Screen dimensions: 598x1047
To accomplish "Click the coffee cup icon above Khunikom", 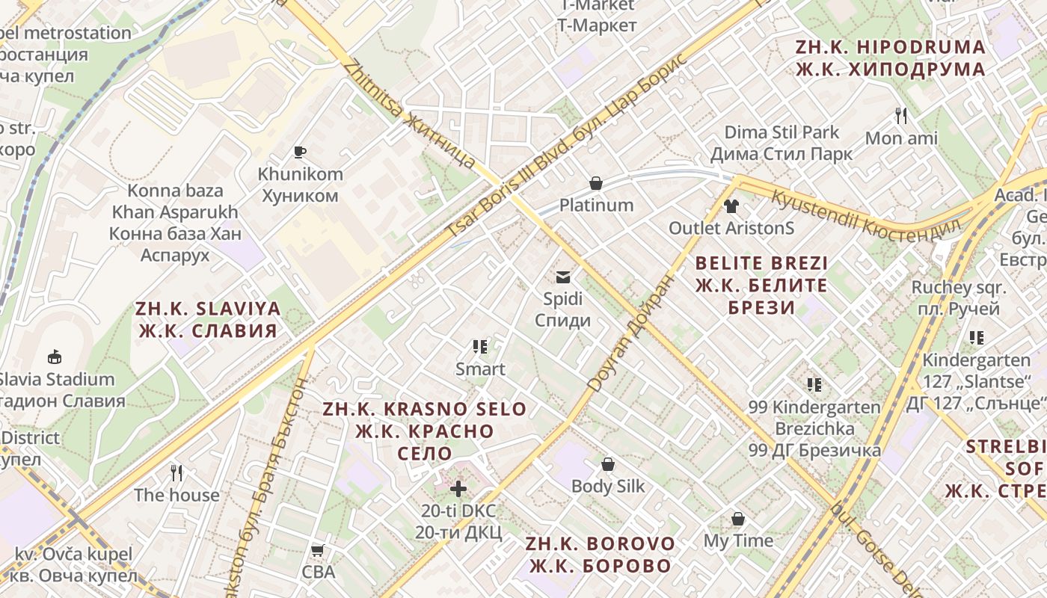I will (300, 152).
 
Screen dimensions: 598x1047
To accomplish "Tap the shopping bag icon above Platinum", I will (596, 183).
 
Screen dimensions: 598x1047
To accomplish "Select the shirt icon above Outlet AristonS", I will (731, 206).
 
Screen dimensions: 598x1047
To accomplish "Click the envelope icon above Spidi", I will (562, 277).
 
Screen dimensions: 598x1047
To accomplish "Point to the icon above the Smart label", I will (480, 347).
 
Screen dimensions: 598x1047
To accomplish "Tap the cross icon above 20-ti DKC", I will (458, 489).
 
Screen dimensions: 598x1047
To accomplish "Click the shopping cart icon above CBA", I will (318, 552).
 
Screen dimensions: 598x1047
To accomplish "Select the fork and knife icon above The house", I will (176, 473).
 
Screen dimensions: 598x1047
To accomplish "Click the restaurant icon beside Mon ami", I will (901, 116).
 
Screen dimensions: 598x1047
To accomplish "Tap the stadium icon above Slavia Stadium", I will (54, 357).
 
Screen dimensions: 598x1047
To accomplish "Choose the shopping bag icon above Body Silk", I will (608, 464).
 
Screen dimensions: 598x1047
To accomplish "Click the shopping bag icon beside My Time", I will (738, 519).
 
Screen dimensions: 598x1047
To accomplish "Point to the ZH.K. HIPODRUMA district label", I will (890, 58).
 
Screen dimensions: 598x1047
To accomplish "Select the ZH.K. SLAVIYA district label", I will (208, 320).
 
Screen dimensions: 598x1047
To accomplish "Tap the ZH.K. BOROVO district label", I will (601, 555).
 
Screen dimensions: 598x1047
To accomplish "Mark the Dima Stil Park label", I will (782, 144).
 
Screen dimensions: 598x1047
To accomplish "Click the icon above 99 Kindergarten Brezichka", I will (814, 385).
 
